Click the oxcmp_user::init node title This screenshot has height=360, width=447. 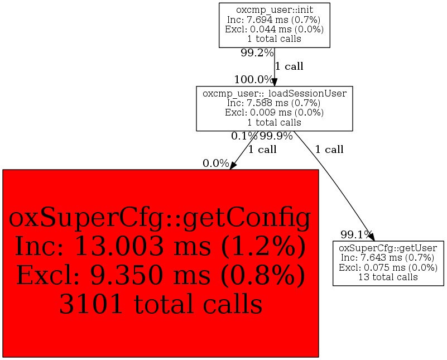pyautogui.click(x=274, y=10)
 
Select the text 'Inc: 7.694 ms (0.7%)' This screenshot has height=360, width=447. pyautogui.click(x=274, y=20)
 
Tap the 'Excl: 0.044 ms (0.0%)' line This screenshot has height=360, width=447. pyautogui.click(x=274, y=30)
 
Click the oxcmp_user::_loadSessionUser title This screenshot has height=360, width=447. pyautogui.click(x=274, y=93)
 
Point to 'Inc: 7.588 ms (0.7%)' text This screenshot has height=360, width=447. pyautogui.click(x=274, y=103)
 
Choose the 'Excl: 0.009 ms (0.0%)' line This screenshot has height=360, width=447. pyautogui.click(x=274, y=112)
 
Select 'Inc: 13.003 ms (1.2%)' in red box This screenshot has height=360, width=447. pyautogui.click(x=161, y=247)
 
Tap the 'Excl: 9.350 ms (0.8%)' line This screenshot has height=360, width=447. pyautogui.click(x=161, y=275)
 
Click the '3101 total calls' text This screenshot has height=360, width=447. pyautogui.click(x=161, y=304)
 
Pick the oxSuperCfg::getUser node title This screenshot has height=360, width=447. pyautogui.click(x=388, y=248)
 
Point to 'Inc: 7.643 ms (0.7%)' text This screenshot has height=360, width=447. pyautogui.click(x=388, y=257)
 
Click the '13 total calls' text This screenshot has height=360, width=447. pyautogui.click(x=388, y=277)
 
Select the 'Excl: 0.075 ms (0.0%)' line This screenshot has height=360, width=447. pyautogui.click(x=388, y=267)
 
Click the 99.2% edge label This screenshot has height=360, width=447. pyautogui.click(x=257, y=53)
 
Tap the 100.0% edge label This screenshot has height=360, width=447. pyautogui.click(x=254, y=79)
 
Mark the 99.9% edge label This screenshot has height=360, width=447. pyautogui.click(x=276, y=136)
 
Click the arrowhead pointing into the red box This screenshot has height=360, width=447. pyautogui.click(x=233, y=164)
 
